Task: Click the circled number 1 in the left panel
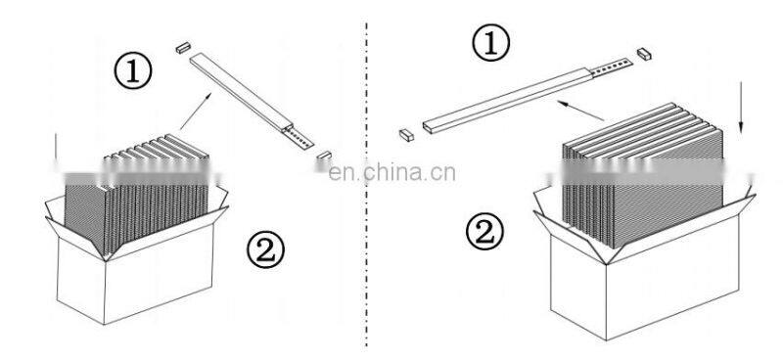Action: (133, 71)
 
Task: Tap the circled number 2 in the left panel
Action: (265, 249)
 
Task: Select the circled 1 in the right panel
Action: (491, 43)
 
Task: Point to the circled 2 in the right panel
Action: (484, 231)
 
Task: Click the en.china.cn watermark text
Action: (392, 172)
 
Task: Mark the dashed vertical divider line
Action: (366, 185)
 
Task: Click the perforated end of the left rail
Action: (299, 137)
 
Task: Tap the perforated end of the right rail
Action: (611, 67)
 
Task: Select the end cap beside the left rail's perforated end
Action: (324, 156)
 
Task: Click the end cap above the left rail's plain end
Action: (183, 48)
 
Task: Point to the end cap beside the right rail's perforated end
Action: (644, 54)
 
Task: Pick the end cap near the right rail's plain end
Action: (406, 135)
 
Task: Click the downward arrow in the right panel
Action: (741, 108)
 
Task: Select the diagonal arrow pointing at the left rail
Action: (195, 111)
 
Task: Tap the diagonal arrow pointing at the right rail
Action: (580, 111)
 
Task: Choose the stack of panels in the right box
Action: (643, 175)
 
